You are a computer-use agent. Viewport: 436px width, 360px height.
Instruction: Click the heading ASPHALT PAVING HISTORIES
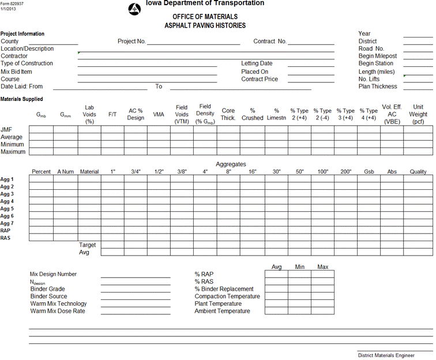pos(205,25)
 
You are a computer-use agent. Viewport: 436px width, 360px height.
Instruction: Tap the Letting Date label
pos(257,63)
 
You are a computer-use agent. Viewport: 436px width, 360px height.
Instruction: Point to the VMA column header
pos(159,114)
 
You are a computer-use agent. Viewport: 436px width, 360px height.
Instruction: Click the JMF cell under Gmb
pos(41,130)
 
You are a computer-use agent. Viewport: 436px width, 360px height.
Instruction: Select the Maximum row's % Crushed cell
pos(252,152)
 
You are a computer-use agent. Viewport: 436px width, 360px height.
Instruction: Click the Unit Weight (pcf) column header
pos(418,114)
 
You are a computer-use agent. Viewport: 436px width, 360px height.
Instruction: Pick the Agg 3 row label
pos(7,194)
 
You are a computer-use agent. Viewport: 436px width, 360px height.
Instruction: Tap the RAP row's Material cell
pos(89,230)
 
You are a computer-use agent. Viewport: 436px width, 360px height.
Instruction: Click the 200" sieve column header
pos(345,172)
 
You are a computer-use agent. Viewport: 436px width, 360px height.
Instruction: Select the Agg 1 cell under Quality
pos(418,179)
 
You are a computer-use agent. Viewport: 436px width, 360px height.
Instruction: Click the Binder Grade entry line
pos(136,289)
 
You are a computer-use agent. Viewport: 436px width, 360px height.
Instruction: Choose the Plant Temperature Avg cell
pos(276,303)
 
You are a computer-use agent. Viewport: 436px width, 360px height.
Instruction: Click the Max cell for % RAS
pos(322,282)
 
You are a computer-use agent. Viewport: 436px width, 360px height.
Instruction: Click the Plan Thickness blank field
pos(418,87)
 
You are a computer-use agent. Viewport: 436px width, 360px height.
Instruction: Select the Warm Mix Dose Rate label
pos(58,311)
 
